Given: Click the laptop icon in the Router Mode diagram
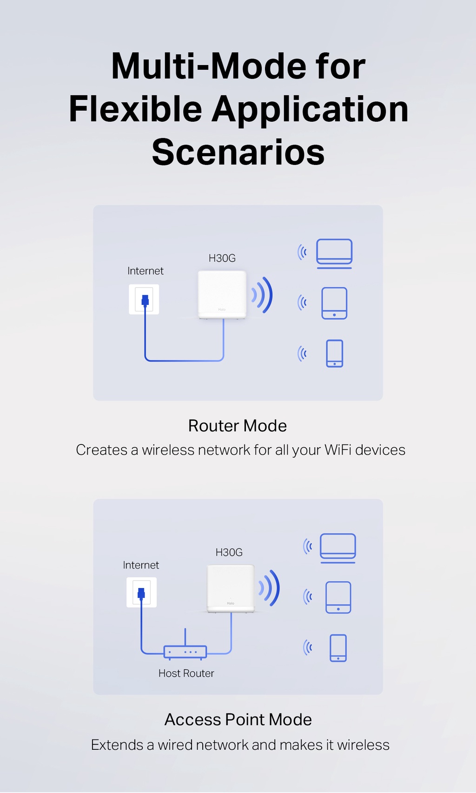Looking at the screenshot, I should coord(334,253).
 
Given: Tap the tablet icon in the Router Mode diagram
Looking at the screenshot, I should coord(334,303).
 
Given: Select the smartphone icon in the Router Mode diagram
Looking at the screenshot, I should coord(335,353).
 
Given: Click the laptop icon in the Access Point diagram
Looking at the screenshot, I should coord(338,548).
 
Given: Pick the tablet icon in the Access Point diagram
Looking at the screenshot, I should coord(338,597).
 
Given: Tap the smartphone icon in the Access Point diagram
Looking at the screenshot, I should coord(338,648).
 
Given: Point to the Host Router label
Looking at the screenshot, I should coord(186,673).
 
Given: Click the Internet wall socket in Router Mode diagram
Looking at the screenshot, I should coord(144,299).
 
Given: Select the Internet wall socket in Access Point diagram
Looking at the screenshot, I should coord(141,592).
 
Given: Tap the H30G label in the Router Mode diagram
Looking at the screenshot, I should coord(222,258).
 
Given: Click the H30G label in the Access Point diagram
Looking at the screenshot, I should coord(229,552).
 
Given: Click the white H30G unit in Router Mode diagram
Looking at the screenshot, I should coord(222,294).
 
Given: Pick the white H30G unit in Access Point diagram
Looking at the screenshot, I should coord(231,588).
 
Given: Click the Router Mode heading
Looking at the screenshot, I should coord(238,426).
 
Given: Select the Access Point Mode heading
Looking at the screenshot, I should coord(238,720).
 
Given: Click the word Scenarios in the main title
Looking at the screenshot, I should coord(238,152).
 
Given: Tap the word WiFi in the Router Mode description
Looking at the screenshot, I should coord(338,450).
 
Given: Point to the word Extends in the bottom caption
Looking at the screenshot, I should coord(117,745).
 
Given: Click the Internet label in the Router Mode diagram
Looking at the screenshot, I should coord(145,271).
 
